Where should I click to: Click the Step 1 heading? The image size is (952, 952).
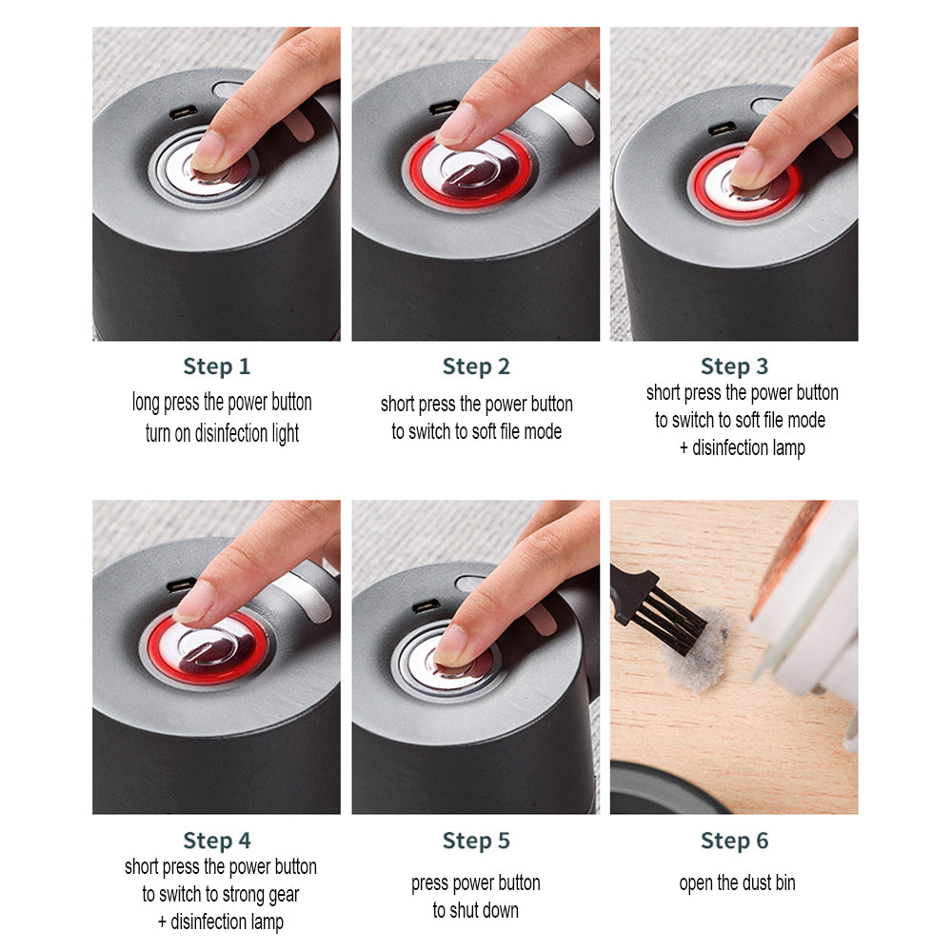tap(216, 367)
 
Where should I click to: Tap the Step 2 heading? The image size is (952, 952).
tap(475, 367)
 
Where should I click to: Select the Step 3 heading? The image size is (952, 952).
tap(734, 367)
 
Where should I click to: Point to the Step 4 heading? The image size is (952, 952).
tap(216, 841)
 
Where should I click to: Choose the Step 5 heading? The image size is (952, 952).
tap(475, 841)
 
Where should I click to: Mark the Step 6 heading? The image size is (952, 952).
tap(734, 841)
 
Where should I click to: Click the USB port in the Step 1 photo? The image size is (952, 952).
tap(183, 112)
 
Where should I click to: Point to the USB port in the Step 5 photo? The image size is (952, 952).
tap(426, 606)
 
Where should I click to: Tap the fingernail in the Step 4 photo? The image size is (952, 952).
tap(194, 602)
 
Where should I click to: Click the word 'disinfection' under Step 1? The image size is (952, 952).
tap(232, 434)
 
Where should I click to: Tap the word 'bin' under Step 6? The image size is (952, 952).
tap(784, 883)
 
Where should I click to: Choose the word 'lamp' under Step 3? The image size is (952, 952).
tap(785, 447)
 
